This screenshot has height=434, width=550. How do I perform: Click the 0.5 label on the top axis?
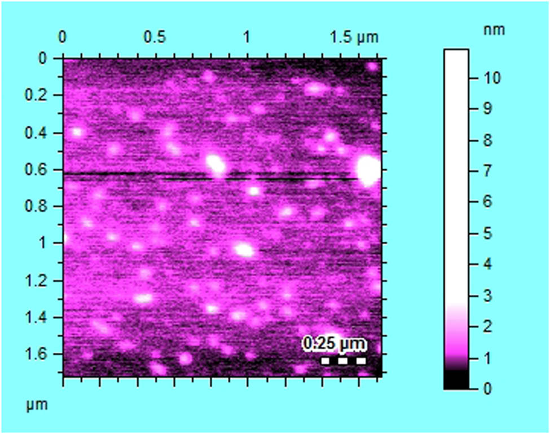click(155, 38)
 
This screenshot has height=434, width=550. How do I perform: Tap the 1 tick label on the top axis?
click(247, 38)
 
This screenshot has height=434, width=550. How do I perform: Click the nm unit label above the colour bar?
click(494, 30)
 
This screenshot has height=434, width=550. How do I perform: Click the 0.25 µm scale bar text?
click(335, 343)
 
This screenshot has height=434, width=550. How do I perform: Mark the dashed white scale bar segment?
click(344, 360)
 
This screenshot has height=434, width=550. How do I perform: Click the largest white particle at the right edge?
click(369, 170)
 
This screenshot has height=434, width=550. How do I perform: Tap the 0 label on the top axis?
click(63, 38)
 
